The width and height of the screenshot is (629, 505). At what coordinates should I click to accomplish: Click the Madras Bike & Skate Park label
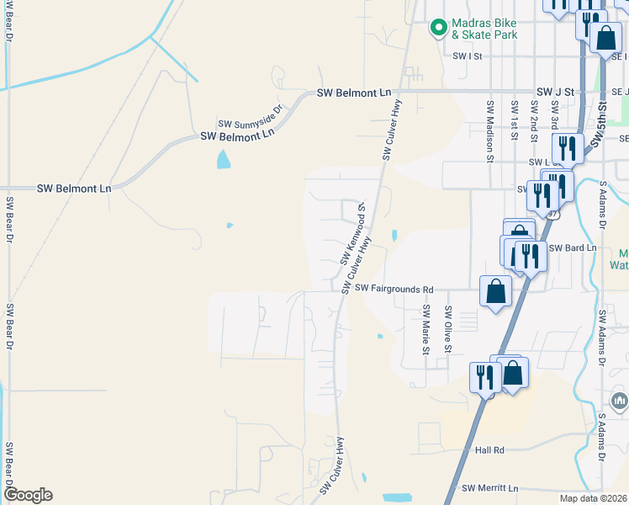[484, 29]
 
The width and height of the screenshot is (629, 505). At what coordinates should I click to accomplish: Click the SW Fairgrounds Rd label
[394, 288]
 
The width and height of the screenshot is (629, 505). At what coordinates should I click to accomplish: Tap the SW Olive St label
[448, 329]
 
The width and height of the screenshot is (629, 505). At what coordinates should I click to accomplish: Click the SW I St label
[467, 56]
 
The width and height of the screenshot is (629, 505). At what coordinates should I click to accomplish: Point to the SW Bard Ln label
[572, 248]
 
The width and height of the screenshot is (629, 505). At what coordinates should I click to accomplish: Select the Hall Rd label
[489, 450]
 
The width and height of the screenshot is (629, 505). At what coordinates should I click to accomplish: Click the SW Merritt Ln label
[491, 488]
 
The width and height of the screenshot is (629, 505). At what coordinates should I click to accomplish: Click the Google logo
[28, 495]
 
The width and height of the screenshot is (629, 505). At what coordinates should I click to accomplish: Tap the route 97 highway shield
[552, 214]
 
